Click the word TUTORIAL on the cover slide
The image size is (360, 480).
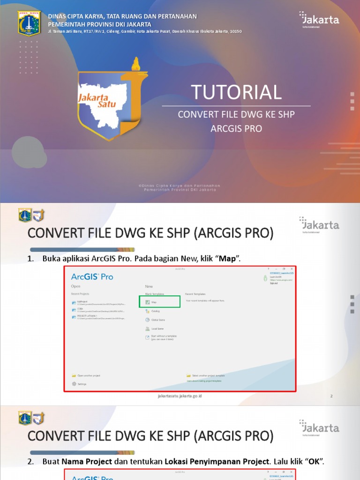point(236,92)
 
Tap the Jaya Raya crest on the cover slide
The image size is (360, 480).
point(29,23)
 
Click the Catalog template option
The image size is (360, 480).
point(155,311)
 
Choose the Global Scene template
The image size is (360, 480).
point(157,320)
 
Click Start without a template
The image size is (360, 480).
point(163,337)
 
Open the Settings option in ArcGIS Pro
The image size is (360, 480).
point(82,384)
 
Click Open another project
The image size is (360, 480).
point(89,375)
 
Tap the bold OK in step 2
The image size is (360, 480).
point(314,462)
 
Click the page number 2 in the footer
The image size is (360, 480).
point(331,396)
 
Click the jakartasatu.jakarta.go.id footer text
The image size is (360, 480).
point(180,396)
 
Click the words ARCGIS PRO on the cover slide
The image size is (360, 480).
point(236,128)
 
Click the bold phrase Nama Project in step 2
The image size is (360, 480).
point(87,462)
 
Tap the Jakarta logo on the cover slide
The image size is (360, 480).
point(320,20)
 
